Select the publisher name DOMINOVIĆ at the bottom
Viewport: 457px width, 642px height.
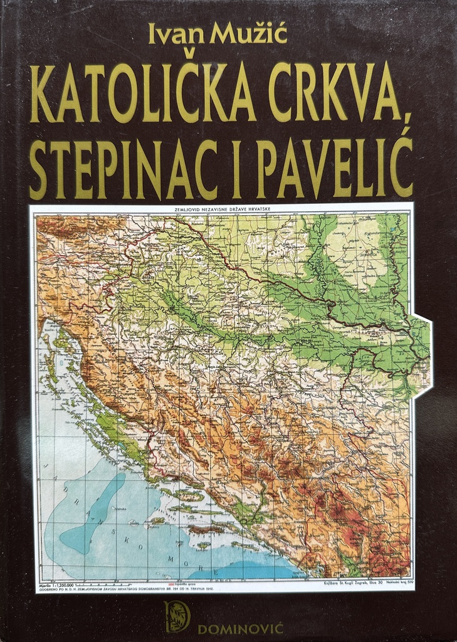(242, 626)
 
